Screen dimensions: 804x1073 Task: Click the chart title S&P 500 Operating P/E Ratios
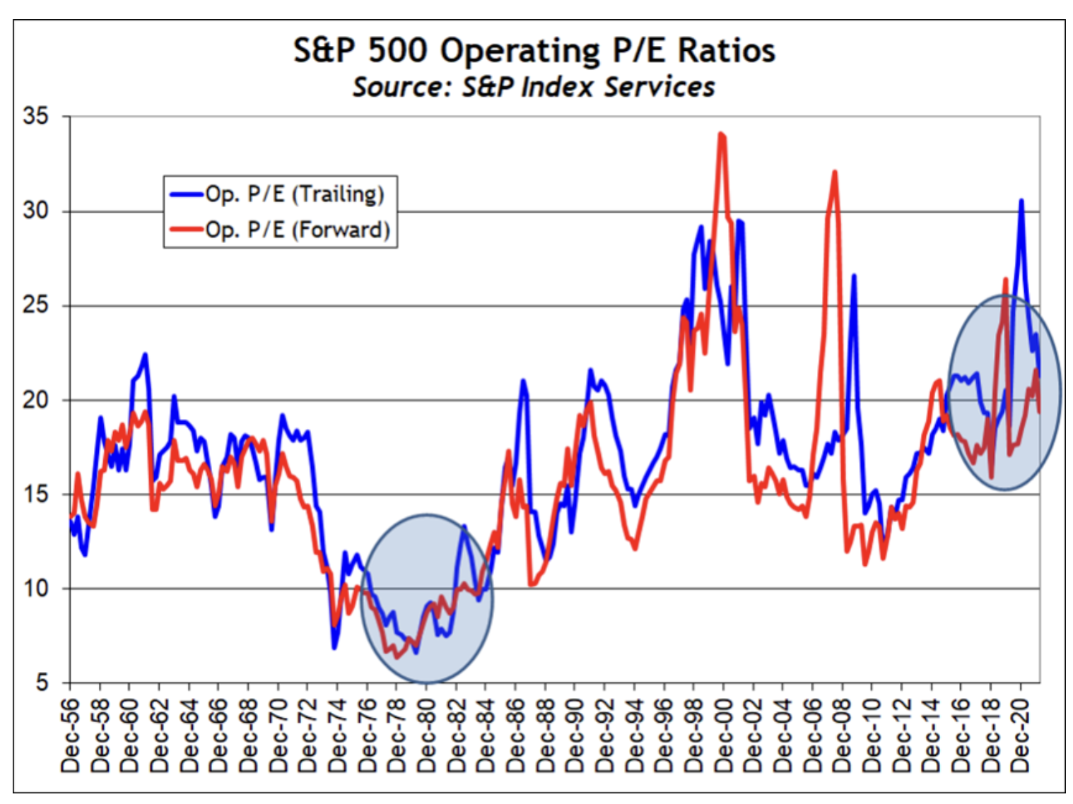(x=534, y=51)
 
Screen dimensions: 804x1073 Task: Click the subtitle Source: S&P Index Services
(x=534, y=87)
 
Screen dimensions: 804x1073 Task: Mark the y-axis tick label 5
(x=42, y=682)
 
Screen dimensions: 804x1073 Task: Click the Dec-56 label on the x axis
(x=71, y=735)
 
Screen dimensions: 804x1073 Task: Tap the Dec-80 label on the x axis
(x=427, y=735)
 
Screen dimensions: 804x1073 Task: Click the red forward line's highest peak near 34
(x=720, y=134)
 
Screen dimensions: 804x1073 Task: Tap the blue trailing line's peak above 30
(x=1021, y=201)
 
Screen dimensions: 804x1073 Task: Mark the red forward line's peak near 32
(x=835, y=172)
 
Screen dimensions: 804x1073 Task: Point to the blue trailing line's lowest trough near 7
(x=334, y=647)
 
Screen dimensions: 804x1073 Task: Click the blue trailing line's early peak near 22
(x=145, y=355)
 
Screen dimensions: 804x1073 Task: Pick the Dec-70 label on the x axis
(x=278, y=735)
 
